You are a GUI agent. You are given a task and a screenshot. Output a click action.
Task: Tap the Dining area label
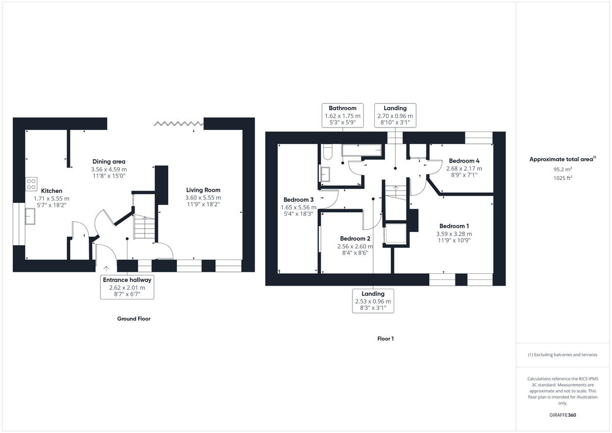(109, 162)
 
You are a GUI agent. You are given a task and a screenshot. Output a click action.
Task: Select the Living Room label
(203, 190)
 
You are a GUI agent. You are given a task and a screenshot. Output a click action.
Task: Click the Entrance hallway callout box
(127, 287)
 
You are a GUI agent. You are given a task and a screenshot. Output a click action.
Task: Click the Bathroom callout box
(342, 115)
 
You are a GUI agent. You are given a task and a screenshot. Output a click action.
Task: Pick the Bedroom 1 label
(454, 226)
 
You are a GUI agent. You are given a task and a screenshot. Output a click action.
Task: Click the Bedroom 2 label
(355, 239)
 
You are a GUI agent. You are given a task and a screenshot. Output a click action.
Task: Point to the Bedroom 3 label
(298, 200)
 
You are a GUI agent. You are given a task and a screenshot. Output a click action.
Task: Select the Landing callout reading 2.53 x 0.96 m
(373, 301)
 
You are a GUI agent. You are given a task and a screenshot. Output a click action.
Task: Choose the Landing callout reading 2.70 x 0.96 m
(395, 115)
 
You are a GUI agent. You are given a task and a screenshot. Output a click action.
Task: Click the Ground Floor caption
(134, 319)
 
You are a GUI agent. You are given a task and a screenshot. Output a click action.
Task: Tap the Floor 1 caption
(386, 339)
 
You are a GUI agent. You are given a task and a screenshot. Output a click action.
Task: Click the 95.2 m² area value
(562, 169)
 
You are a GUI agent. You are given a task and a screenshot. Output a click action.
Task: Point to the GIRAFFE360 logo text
(563, 415)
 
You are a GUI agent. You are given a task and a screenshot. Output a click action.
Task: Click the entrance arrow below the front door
(106, 268)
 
